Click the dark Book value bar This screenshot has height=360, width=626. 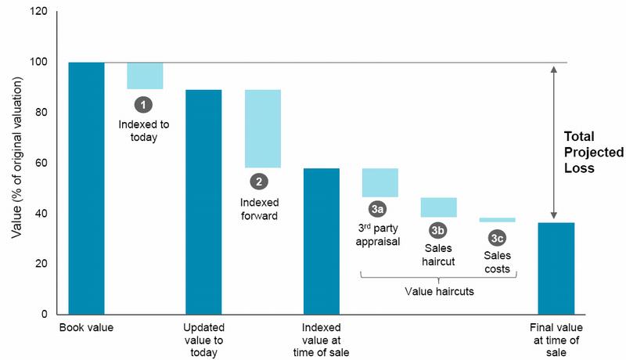[x=86, y=188]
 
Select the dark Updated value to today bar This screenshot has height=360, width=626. [x=203, y=202]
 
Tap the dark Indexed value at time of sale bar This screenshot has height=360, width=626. [x=321, y=241]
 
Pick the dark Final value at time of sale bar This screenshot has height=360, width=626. [x=556, y=268]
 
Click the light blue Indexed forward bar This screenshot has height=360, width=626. [x=262, y=128]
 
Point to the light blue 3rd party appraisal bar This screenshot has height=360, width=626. [x=380, y=182]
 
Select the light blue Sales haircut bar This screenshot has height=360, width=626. [x=438, y=207]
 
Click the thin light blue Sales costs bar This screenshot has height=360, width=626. [x=497, y=220]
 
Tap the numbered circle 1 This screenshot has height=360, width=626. [x=143, y=103]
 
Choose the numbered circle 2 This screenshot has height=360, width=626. [x=257, y=182]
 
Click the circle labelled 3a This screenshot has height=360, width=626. [x=378, y=209]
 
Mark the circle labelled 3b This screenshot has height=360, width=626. [x=438, y=231]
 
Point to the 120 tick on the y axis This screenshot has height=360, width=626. [x=38, y=12]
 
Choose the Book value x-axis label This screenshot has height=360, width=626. [x=86, y=327]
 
